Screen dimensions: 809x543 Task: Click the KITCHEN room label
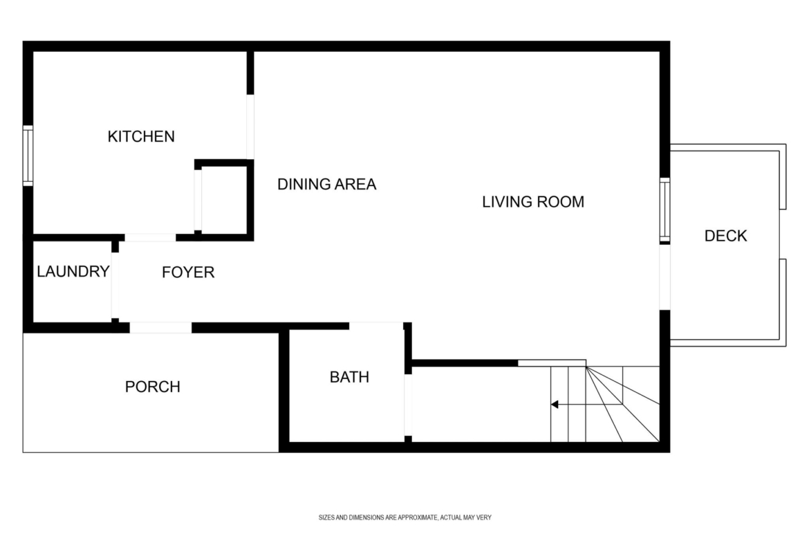click(141, 136)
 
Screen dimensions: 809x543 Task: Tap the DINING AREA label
click(326, 184)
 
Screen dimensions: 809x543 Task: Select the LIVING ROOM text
click(533, 202)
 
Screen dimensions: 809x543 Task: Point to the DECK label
click(725, 236)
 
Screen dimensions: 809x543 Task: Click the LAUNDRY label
click(73, 271)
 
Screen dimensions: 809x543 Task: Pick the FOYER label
click(188, 273)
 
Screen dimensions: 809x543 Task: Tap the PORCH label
click(152, 387)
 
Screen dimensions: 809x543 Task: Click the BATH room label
click(349, 377)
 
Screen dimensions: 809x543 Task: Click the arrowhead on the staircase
click(555, 405)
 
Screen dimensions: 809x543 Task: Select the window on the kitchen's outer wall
click(28, 156)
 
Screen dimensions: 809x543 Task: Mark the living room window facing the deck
click(665, 210)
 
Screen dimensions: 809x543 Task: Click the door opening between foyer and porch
click(160, 328)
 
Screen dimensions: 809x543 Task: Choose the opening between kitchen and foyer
click(150, 237)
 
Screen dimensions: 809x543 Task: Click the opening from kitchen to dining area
click(250, 127)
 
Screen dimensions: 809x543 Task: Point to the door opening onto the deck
click(665, 277)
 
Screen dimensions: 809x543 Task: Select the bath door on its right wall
click(408, 405)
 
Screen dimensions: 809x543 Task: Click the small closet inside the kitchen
click(224, 200)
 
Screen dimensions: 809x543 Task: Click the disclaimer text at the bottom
click(405, 517)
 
